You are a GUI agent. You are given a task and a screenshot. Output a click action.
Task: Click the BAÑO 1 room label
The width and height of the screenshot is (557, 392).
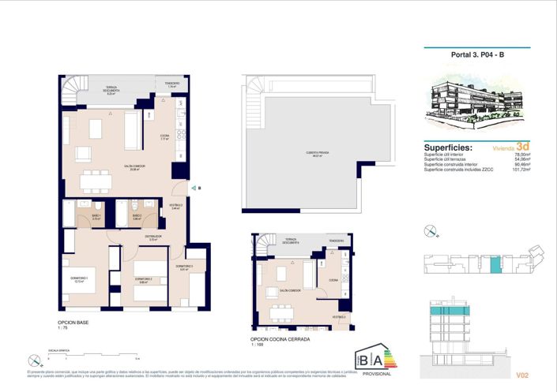pos(96,215)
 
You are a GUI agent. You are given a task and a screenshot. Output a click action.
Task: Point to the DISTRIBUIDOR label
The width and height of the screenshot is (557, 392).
pos(153,237)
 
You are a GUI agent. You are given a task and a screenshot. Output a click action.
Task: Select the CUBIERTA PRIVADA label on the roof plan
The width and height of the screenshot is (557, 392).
pos(317,154)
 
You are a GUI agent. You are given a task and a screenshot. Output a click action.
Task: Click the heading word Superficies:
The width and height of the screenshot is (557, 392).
pos(449,147)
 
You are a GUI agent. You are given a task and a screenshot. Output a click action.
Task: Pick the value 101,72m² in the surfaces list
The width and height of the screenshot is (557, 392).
pos(519,170)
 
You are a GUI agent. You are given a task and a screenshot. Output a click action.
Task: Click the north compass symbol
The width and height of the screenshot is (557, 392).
pos(431,231)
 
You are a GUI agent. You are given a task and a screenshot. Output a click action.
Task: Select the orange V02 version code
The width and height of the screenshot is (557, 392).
pos(521,375)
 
